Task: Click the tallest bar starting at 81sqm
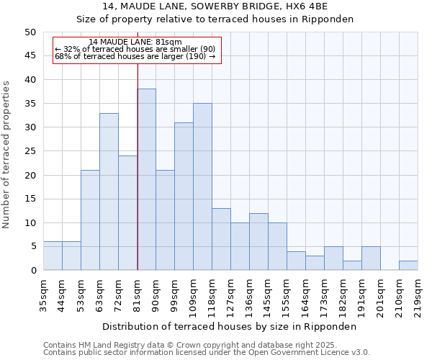coord(146,179)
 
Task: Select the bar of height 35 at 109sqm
coord(202,186)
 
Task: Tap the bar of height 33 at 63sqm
coord(109,192)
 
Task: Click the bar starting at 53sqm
coord(90,220)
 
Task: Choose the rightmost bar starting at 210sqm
coord(408,265)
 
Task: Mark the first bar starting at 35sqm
coord(53,256)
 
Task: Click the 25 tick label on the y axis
coord(30,151)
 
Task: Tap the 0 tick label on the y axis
coord(33,271)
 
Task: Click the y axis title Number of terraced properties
coord(6,154)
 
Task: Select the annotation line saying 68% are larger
coord(135,56)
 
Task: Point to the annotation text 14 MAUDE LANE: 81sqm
coord(135,42)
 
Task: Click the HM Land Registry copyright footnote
coord(190,345)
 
